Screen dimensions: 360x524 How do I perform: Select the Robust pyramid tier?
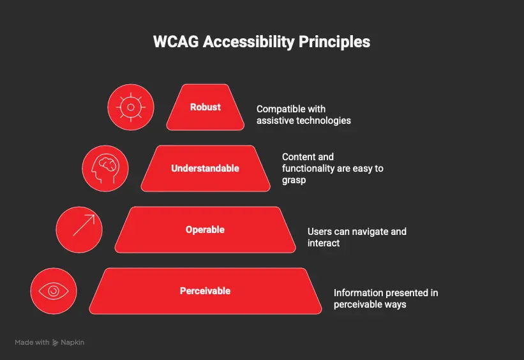point(205,107)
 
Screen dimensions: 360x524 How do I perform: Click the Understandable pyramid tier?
point(205,169)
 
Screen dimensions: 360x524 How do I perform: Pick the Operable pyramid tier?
point(205,230)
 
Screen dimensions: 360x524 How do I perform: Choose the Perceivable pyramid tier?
point(205,291)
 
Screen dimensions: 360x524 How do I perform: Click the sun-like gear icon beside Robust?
point(130,107)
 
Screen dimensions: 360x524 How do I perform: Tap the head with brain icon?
point(105,169)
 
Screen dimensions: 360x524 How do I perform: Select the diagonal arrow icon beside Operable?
point(79,230)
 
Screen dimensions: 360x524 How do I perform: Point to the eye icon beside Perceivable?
point(54,291)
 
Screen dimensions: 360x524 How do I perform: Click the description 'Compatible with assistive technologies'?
point(303,115)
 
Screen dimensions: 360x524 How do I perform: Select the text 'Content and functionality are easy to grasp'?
point(333,169)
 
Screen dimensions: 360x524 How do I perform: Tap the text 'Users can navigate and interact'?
point(357,237)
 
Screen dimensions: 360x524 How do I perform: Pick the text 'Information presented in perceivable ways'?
point(386,299)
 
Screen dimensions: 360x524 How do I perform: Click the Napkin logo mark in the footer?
point(56,343)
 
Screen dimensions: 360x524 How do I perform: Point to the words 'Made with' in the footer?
point(32,343)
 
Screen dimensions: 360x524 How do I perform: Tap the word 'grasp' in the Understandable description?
point(295,181)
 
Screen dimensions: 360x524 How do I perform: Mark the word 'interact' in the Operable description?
point(324,243)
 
